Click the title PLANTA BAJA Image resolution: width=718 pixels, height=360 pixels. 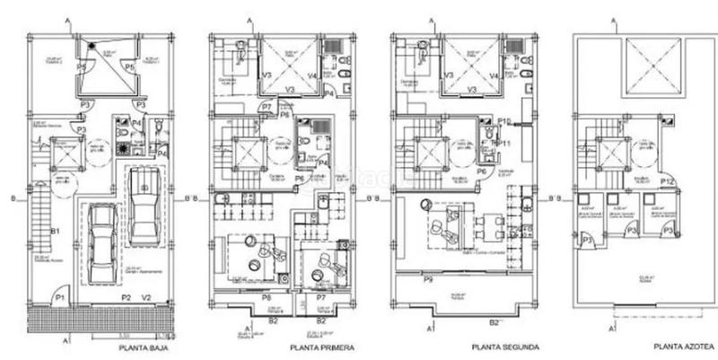(146, 347)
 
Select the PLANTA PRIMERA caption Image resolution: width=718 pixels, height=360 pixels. (321, 347)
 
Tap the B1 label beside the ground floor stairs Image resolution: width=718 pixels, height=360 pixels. (55, 232)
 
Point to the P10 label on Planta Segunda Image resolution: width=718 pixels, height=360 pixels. (504, 121)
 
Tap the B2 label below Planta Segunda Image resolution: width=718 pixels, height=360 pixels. (493, 320)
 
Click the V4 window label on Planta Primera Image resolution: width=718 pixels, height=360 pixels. (311, 76)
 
